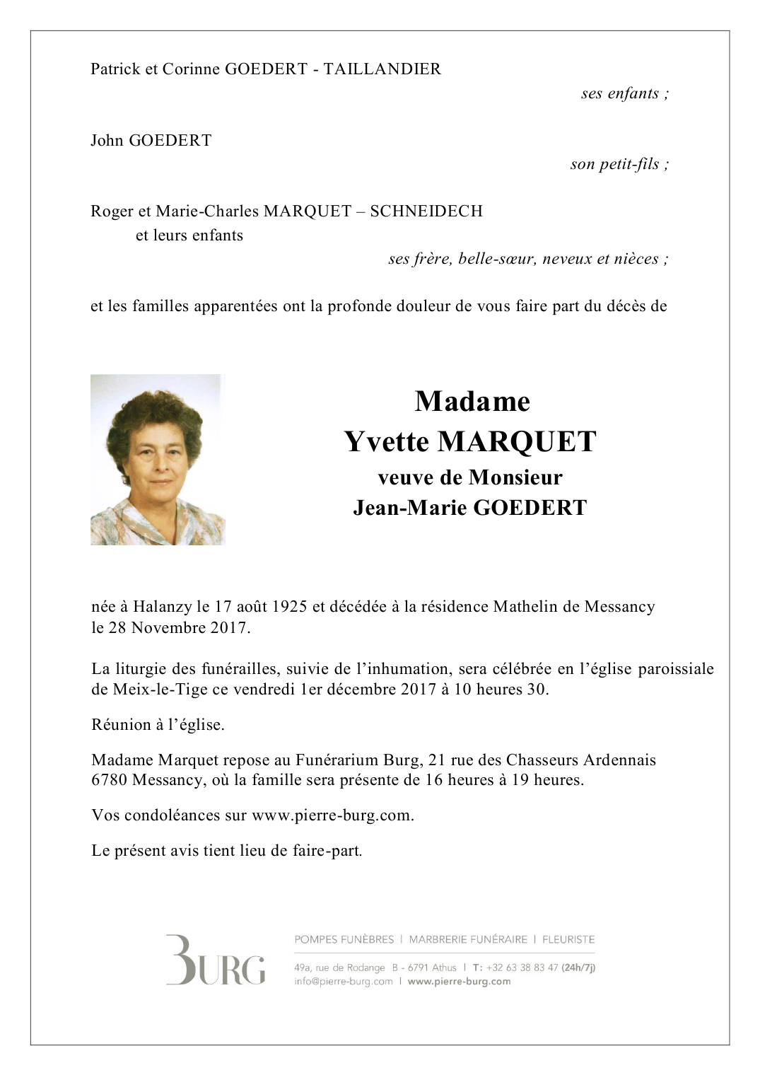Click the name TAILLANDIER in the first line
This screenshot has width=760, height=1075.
coord(382,69)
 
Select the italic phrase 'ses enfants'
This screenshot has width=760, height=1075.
coord(620,93)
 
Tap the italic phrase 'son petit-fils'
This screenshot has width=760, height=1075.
coord(615,164)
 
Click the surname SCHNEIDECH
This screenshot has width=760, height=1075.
coord(426,211)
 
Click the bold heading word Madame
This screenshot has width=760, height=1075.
coord(472,402)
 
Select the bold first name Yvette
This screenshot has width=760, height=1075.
coord(387,442)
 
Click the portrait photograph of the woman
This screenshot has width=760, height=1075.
coord(158,460)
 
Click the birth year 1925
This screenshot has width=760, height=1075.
coord(289,607)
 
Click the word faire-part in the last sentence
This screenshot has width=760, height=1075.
coord(326,851)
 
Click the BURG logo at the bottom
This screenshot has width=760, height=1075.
coord(216,960)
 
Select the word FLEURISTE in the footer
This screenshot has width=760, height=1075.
coord(568,940)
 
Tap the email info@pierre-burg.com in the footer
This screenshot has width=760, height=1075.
coord(344,982)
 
